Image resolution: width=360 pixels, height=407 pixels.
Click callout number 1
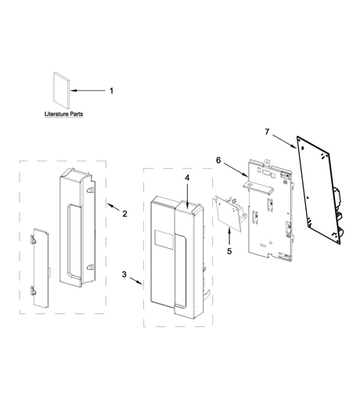pos(111,91)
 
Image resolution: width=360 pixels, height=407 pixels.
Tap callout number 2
pos(124,214)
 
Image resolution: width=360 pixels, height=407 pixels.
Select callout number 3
pos(124,274)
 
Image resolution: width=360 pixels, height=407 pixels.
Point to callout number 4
pos(187,178)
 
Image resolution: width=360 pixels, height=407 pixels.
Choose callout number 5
pos(229,251)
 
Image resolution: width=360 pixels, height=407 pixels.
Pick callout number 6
pos(218,160)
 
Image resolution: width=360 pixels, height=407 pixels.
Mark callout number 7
pos(267,132)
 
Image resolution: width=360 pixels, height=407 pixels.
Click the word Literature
pos(55,114)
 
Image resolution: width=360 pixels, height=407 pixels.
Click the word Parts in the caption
pos(75,114)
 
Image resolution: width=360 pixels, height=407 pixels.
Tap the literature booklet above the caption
pos(62,90)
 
